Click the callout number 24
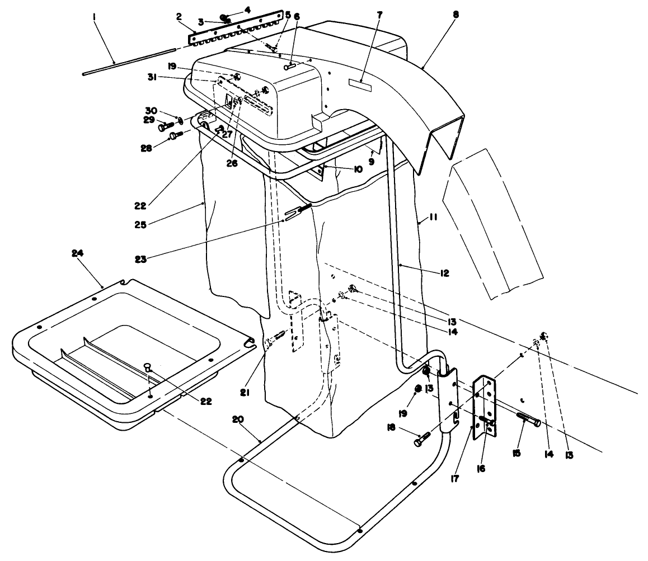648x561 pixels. pos(77,253)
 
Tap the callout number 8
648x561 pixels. pos(456,16)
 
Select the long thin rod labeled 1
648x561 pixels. pos(129,60)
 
